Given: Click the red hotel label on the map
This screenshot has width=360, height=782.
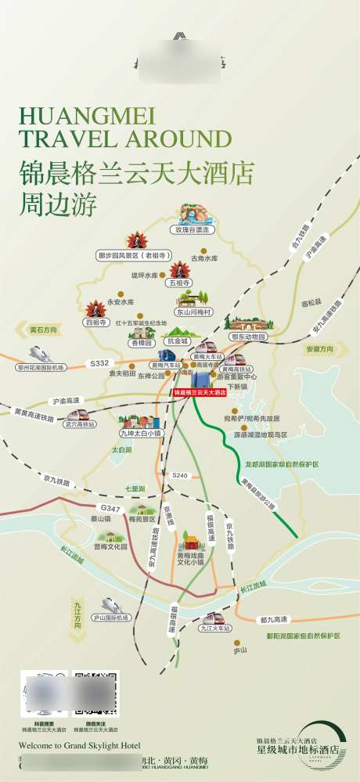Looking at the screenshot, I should point(199,391).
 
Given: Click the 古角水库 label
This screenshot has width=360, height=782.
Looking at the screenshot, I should point(206,258).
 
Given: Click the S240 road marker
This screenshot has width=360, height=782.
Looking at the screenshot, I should point(180,475).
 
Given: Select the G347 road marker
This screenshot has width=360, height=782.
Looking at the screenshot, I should point(110,509).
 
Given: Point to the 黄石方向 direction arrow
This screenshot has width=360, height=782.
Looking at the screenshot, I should point(44,330).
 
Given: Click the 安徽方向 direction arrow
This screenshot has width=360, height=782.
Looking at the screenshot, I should point(319,349).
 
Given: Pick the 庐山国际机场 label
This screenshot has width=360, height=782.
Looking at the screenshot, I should point(110,618).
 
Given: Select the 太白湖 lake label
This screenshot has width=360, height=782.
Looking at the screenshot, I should point(121,449).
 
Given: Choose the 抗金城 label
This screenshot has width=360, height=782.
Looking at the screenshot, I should point(178,341).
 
